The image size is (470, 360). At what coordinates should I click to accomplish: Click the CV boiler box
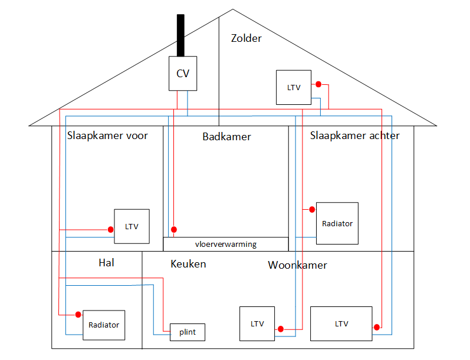click(x=183, y=74)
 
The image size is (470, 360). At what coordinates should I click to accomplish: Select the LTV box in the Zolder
click(x=294, y=88)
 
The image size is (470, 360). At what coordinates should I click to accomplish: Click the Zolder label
click(x=246, y=38)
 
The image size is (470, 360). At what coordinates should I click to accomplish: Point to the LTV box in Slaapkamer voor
click(x=132, y=226)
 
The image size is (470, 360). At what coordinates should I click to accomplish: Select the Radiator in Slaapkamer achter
click(x=337, y=223)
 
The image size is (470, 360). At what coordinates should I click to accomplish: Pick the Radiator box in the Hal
click(x=104, y=325)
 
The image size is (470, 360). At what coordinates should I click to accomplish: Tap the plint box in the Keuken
click(x=188, y=332)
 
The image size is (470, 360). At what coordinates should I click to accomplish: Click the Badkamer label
click(x=226, y=137)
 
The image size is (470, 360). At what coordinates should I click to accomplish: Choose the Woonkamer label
click(x=297, y=265)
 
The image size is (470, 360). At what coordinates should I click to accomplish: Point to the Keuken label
click(x=188, y=263)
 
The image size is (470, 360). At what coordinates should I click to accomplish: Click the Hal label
click(x=106, y=263)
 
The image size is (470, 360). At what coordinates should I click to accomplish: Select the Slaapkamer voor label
click(x=107, y=136)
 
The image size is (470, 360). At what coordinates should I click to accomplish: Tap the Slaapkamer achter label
click(x=354, y=136)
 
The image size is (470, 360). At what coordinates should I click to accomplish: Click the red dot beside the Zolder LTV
click(x=318, y=84)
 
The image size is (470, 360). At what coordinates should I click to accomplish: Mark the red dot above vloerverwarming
click(x=173, y=229)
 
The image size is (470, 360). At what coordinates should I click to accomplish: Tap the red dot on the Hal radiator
click(x=78, y=315)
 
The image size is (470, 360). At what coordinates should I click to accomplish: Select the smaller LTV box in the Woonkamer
click(x=257, y=323)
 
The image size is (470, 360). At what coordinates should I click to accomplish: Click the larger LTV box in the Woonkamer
click(x=341, y=323)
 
